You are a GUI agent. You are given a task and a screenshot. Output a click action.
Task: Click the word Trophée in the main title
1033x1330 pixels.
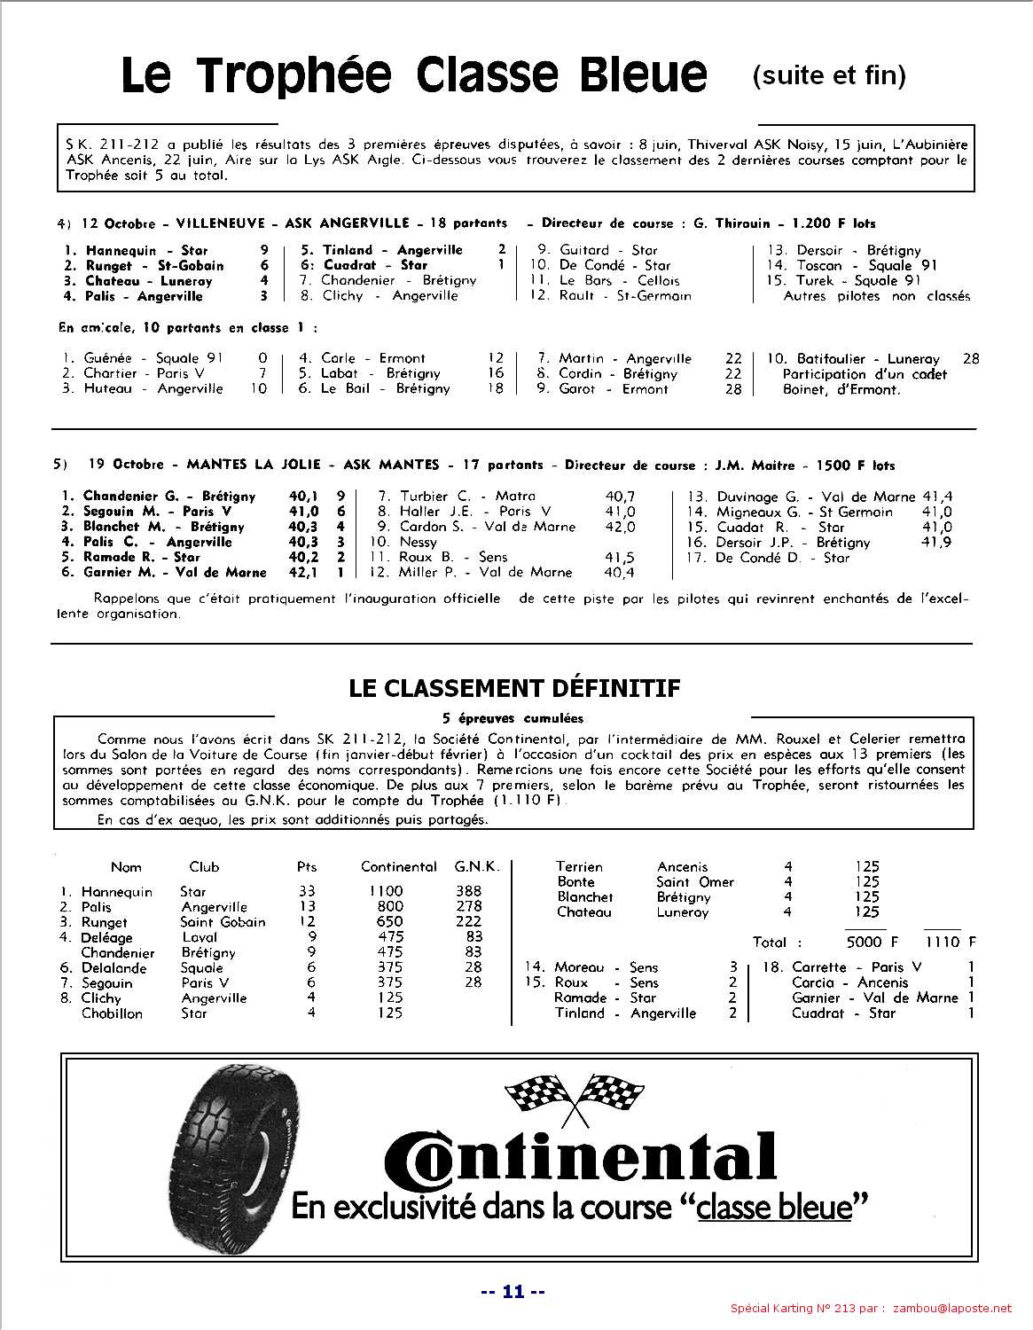click(x=293, y=76)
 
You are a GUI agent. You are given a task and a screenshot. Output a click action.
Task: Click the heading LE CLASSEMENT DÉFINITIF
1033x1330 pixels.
click(x=514, y=688)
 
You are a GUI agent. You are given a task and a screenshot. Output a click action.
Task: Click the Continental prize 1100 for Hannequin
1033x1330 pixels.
click(x=386, y=891)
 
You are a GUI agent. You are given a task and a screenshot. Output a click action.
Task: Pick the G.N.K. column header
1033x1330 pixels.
click(x=477, y=866)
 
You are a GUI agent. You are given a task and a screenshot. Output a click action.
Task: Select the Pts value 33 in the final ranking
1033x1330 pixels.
click(x=307, y=891)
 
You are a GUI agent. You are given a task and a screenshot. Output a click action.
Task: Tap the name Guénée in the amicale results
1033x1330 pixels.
click(x=107, y=358)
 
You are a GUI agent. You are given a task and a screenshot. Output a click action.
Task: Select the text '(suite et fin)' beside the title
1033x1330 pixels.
click(x=828, y=76)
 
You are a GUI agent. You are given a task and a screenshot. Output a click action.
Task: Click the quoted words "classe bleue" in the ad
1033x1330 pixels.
click(x=774, y=1207)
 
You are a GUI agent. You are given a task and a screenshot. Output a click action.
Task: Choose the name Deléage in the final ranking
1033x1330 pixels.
click(x=106, y=937)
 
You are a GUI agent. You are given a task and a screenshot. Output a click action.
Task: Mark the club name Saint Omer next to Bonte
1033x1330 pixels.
click(x=695, y=882)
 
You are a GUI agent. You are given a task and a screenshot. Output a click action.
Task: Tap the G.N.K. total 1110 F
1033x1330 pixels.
click(x=950, y=942)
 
